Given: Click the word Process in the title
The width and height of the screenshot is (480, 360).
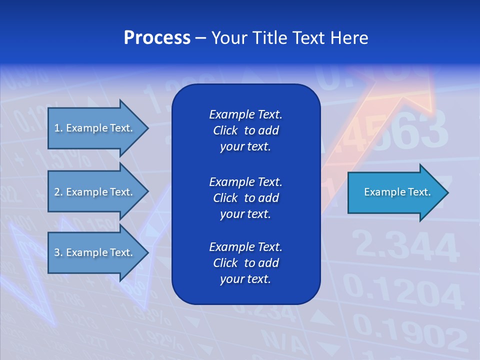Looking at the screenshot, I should (x=157, y=38).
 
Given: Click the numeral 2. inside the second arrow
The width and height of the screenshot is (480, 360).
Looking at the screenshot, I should (x=58, y=192).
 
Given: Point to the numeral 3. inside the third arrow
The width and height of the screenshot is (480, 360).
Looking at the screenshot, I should (x=58, y=252).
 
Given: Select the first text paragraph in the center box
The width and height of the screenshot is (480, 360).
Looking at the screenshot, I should (x=245, y=130).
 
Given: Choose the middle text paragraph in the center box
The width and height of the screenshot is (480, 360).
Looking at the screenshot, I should (x=245, y=198).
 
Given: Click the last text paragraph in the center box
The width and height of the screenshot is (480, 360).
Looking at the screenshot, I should (x=245, y=263).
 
